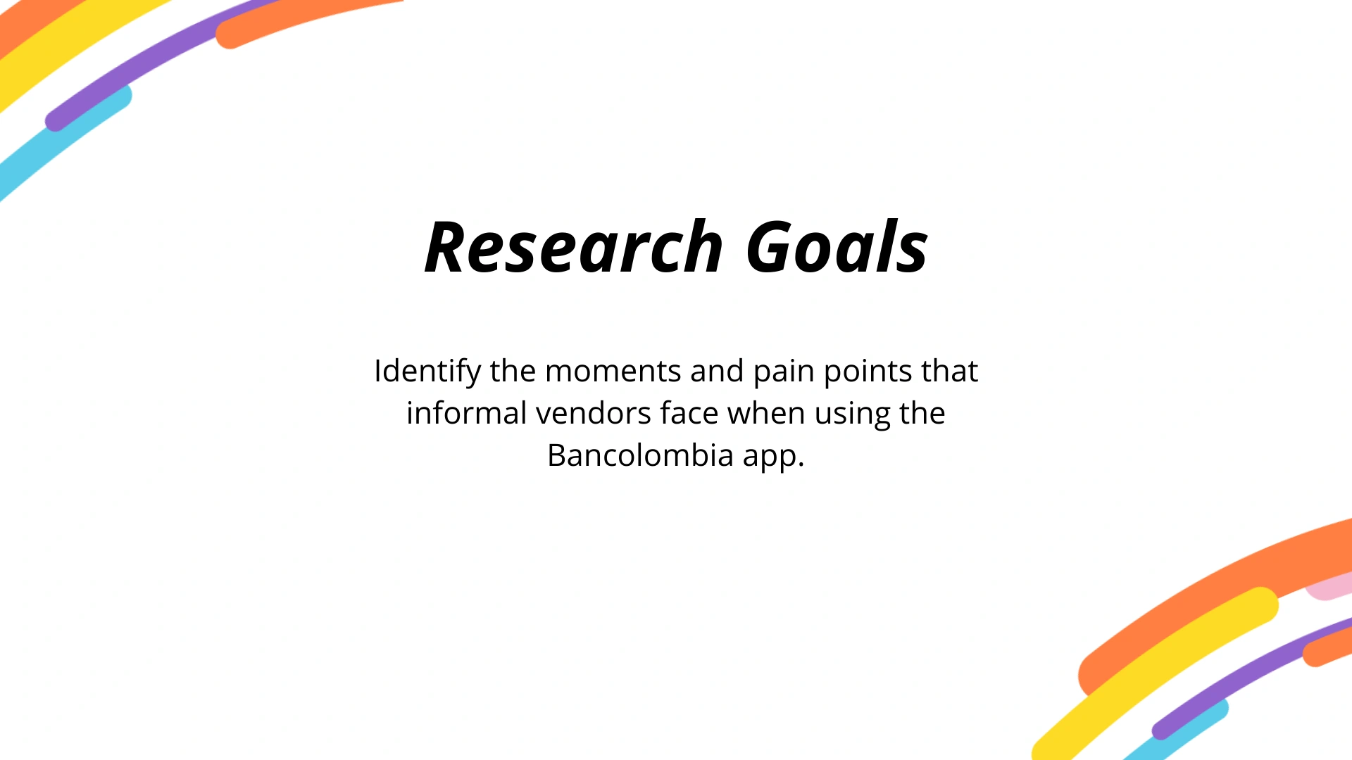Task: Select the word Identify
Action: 427,372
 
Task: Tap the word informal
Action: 466,413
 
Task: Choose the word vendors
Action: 593,414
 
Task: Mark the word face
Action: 689,413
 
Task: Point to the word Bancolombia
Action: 640,455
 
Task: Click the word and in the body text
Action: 717,371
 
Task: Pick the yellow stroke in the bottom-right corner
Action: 1155,672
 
